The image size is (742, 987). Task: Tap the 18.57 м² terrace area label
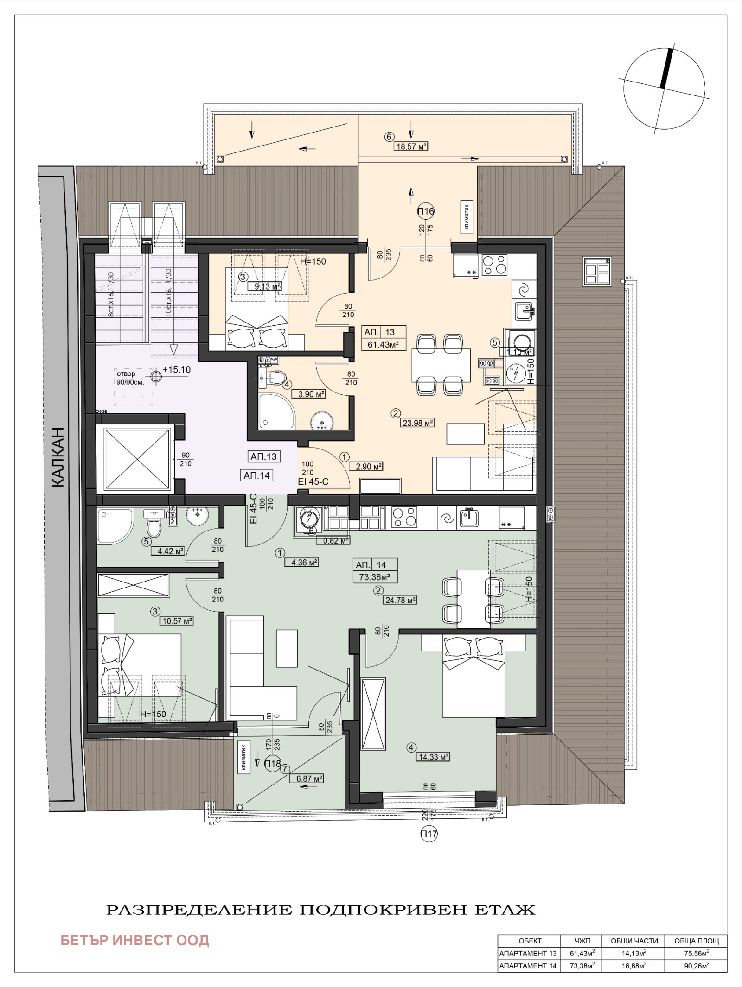pos(411,146)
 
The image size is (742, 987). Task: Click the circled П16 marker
pos(426,211)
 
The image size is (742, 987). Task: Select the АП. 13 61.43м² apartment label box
pos(384,338)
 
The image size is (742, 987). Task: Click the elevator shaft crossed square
pos(137,459)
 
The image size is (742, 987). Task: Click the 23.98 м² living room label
pos(417,423)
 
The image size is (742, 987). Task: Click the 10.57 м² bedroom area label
pos(177,621)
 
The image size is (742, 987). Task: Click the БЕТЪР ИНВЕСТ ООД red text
pos(135,940)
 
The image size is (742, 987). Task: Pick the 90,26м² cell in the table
pos(696,966)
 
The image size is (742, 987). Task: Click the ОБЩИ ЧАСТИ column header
pos(633,941)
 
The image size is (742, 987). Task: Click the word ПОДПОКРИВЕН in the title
pos(383,910)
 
